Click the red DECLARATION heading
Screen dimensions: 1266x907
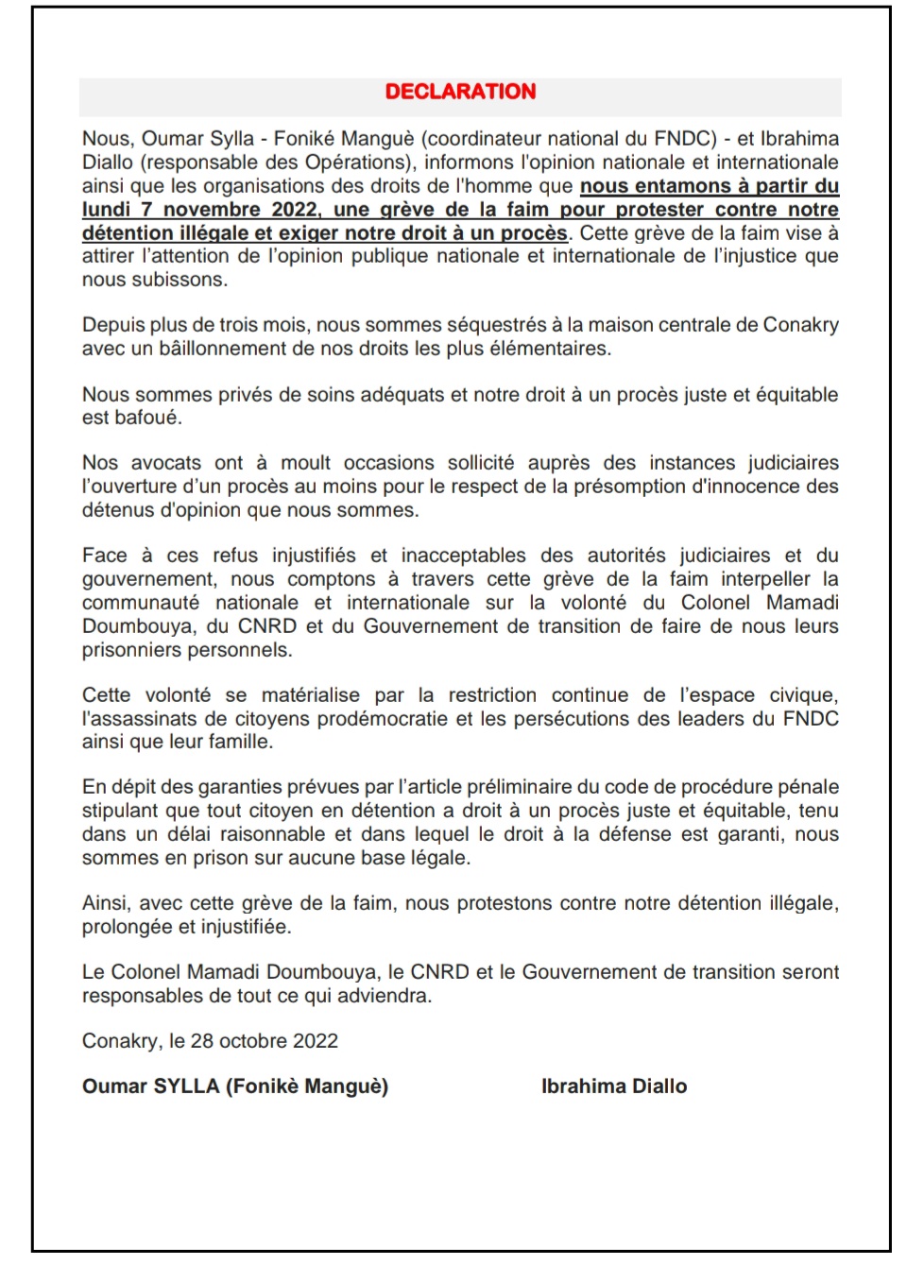(x=460, y=92)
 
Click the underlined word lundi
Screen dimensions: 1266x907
(x=106, y=209)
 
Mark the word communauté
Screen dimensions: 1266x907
(x=141, y=603)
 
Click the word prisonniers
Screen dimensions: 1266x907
(x=135, y=650)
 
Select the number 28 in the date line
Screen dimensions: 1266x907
(x=202, y=1041)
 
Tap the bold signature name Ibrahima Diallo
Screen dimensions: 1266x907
(x=614, y=1086)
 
